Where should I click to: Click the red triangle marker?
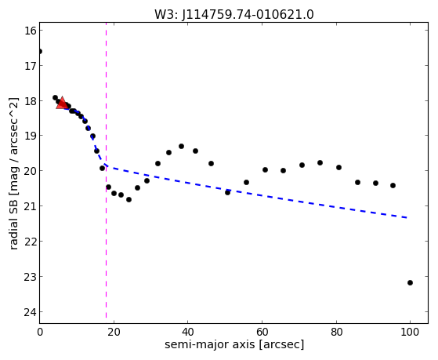tap(62, 103)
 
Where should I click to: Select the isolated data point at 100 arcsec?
tap(410, 283)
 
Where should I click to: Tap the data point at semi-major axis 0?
tap(40, 52)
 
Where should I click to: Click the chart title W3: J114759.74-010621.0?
tap(234, 15)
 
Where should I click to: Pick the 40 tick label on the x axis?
tap(187, 332)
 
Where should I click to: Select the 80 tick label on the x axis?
tap(336, 332)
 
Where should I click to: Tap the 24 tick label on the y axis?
tap(30, 312)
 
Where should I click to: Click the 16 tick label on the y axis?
tap(30, 31)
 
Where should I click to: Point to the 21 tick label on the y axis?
tap(30, 206)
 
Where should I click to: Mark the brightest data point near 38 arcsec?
tap(181, 147)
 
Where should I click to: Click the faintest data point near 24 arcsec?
tap(129, 200)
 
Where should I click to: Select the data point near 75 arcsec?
tap(320, 163)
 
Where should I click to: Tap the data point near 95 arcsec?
tap(393, 185)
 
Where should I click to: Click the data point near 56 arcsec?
tap(246, 183)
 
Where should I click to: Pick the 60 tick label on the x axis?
tap(262, 332)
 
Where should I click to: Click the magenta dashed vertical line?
tap(106, 173)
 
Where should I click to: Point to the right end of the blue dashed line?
tap(407, 217)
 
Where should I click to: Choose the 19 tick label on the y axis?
tap(30, 136)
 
